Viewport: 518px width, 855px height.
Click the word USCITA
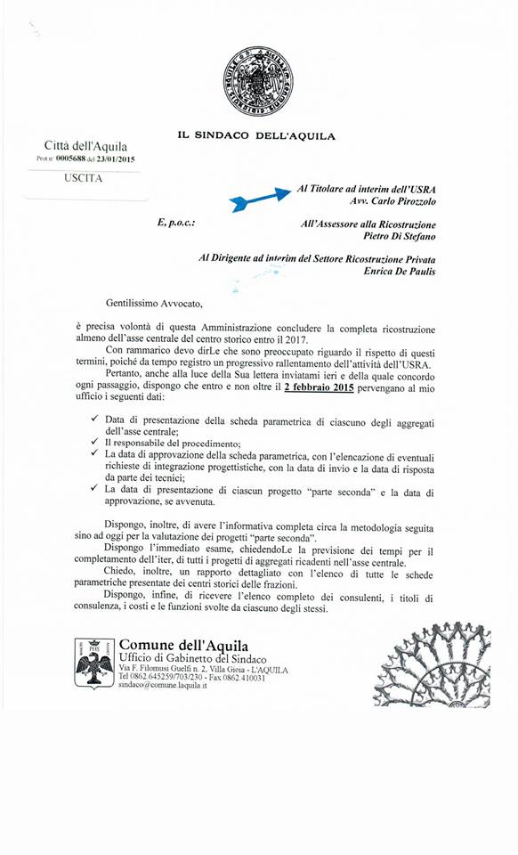pos(84,178)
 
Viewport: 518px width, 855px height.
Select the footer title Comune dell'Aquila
pos(183,644)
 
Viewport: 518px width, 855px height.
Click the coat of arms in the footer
pos(93,661)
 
